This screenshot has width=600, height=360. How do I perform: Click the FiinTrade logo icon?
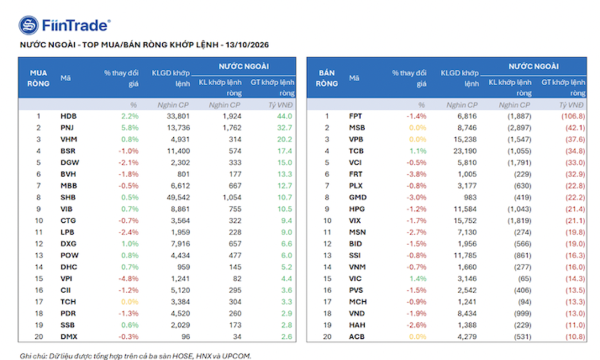29,25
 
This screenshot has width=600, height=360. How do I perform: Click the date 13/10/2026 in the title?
247,45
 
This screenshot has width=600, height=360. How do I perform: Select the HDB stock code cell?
69,116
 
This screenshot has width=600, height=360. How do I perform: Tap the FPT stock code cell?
355,116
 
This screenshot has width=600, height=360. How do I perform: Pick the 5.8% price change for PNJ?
130,128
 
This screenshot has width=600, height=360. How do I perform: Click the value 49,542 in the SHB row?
178,197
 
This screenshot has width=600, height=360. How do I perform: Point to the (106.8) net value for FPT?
573,116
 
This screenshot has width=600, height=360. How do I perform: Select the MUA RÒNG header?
38,78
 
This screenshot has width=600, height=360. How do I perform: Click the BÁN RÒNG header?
327,78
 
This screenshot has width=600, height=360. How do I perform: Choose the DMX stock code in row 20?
69,337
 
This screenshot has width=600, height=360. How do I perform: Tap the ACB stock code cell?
357,337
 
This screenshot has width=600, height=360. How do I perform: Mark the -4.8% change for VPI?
129,278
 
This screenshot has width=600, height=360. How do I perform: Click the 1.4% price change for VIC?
418,278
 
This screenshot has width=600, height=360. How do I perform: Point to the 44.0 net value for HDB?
285,116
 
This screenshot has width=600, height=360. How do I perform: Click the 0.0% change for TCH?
130,302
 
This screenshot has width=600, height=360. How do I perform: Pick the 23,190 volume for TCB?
465,151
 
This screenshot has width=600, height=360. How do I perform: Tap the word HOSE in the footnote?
183,356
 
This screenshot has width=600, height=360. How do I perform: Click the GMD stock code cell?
358,197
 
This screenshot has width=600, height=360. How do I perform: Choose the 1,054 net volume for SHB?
232,197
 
